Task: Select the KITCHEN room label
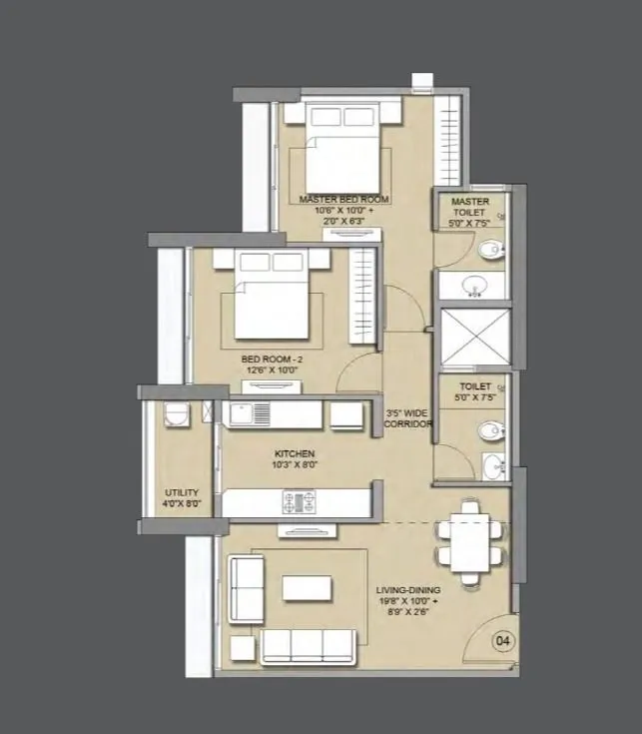coord(295,452)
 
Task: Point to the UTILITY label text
coord(182,492)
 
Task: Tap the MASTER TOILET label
coord(469,206)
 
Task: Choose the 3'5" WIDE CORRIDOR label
coord(409,417)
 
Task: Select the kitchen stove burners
coord(298,502)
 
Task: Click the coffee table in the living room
coord(307,588)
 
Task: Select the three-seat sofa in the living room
coord(308,646)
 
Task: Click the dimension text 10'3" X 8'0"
coord(295,464)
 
